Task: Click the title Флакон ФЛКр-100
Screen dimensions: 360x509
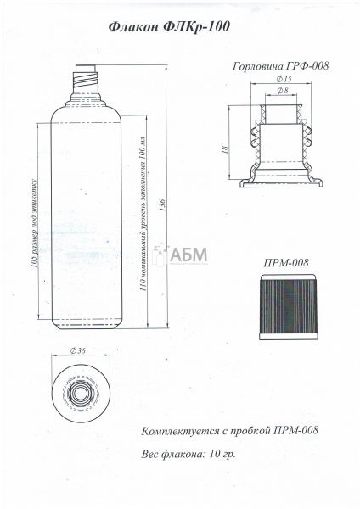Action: (x=169, y=26)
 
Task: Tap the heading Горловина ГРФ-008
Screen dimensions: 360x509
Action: (x=281, y=66)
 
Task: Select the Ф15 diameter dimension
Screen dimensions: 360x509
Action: (x=284, y=79)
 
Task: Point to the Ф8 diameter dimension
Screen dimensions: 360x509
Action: (x=283, y=91)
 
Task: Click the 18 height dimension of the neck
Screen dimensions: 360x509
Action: (x=224, y=149)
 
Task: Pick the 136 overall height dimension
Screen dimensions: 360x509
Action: (x=162, y=205)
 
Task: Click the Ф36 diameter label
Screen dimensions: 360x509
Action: (x=77, y=350)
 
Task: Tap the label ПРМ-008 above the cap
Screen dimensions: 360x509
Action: (x=286, y=262)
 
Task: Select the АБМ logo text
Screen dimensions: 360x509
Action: (x=188, y=255)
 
